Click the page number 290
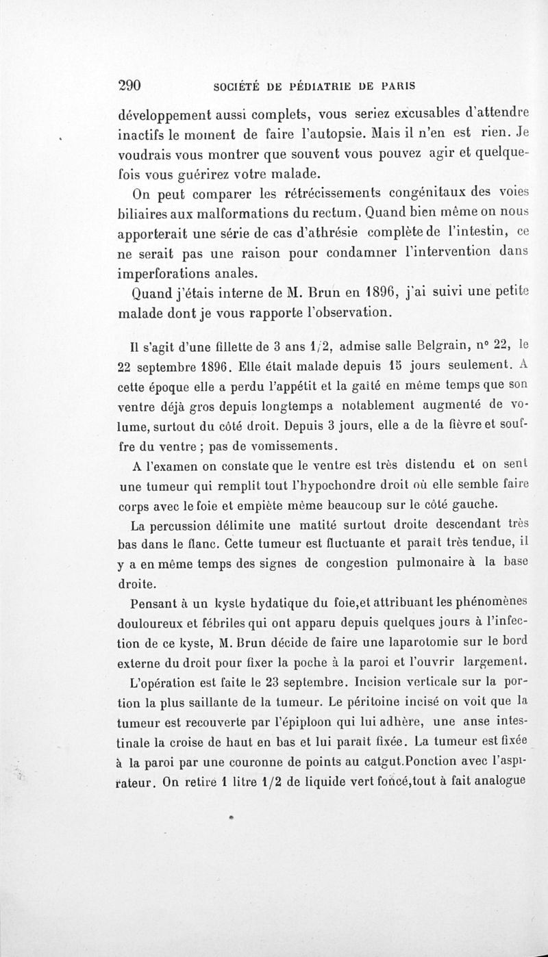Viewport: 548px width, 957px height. click(129, 86)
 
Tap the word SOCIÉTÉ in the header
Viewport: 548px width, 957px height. click(238, 87)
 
